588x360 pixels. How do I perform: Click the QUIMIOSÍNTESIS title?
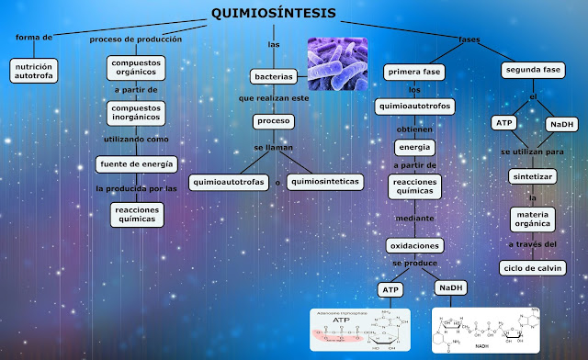pos(273,13)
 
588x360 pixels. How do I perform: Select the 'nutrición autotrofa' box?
pos(35,72)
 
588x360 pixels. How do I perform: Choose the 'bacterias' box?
pos(273,76)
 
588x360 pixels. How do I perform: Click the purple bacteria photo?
pos(337,63)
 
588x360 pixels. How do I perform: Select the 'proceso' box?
pos(273,121)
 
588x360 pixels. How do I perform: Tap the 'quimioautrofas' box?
pos(230,182)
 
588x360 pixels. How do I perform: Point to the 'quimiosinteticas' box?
pos(323,182)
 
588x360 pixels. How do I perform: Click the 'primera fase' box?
pos(415,72)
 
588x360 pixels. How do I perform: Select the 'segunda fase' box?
pos(534,71)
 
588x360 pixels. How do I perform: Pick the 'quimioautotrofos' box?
pos(415,107)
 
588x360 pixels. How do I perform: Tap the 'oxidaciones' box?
pos(415,245)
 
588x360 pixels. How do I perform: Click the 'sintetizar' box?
pos(532,175)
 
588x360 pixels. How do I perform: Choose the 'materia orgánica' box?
pos(532,219)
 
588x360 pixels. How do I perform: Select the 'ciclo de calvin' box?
pos(532,267)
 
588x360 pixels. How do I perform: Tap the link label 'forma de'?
pos(35,38)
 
